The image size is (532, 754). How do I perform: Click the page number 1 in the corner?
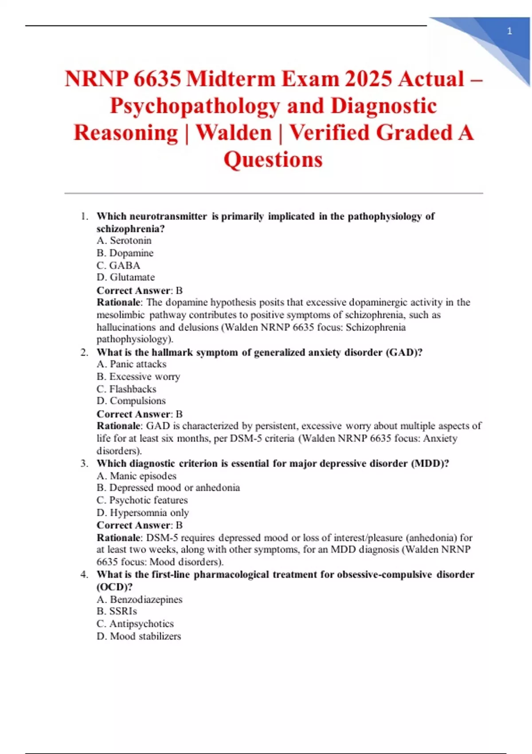tap(509, 31)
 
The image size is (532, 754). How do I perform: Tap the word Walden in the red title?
tap(234, 133)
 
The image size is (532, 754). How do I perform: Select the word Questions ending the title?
tap(273, 160)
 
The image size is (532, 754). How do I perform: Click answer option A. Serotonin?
tap(124, 240)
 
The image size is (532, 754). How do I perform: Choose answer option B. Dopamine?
tap(125, 253)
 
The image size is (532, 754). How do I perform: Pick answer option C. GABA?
tap(118, 265)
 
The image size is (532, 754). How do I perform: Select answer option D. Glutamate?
tap(126, 277)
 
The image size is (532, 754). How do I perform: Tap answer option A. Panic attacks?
tap(132, 364)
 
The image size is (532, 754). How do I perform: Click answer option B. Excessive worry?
tap(138, 377)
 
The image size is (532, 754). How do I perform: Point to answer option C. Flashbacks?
tap(126, 389)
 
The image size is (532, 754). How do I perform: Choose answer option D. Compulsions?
tap(131, 401)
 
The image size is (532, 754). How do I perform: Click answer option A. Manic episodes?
tap(137, 476)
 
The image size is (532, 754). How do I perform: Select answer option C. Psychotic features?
tap(142, 500)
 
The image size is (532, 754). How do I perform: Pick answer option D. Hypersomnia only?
tap(143, 513)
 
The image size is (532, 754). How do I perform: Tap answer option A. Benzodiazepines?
tap(140, 600)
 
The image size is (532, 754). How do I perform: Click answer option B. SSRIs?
tap(117, 611)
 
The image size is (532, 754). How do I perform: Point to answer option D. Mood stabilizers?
tap(139, 636)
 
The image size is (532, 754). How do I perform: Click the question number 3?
tap(84, 463)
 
